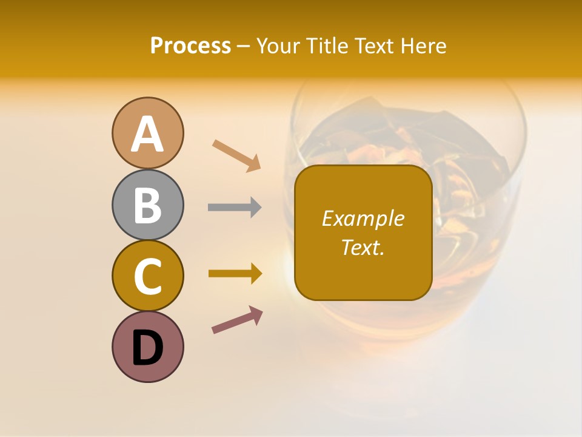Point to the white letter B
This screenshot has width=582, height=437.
pyautogui.click(x=147, y=205)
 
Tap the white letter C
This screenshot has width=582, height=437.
pyautogui.click(x=147, y=276)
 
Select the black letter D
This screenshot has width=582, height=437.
pyautogui.click(x=147, y=348)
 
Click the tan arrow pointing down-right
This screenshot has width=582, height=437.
pyautogui.click(x=236, y=155)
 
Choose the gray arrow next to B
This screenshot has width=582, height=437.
pyautogui.click(x=235, y=207)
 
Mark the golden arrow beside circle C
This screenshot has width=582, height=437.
pyautogui.click(x=235, y=274)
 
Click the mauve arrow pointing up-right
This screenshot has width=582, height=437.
pyautogui.click(x=237, y=320)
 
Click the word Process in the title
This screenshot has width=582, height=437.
pyautogui.click(x=190, y=46)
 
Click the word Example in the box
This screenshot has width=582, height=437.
pyautogui.click(x=363, y=218)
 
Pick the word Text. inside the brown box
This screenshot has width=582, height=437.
pyautogui.click(x=363, y=247)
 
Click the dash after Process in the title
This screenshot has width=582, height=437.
pyautogui.click(x=244, y=47)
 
